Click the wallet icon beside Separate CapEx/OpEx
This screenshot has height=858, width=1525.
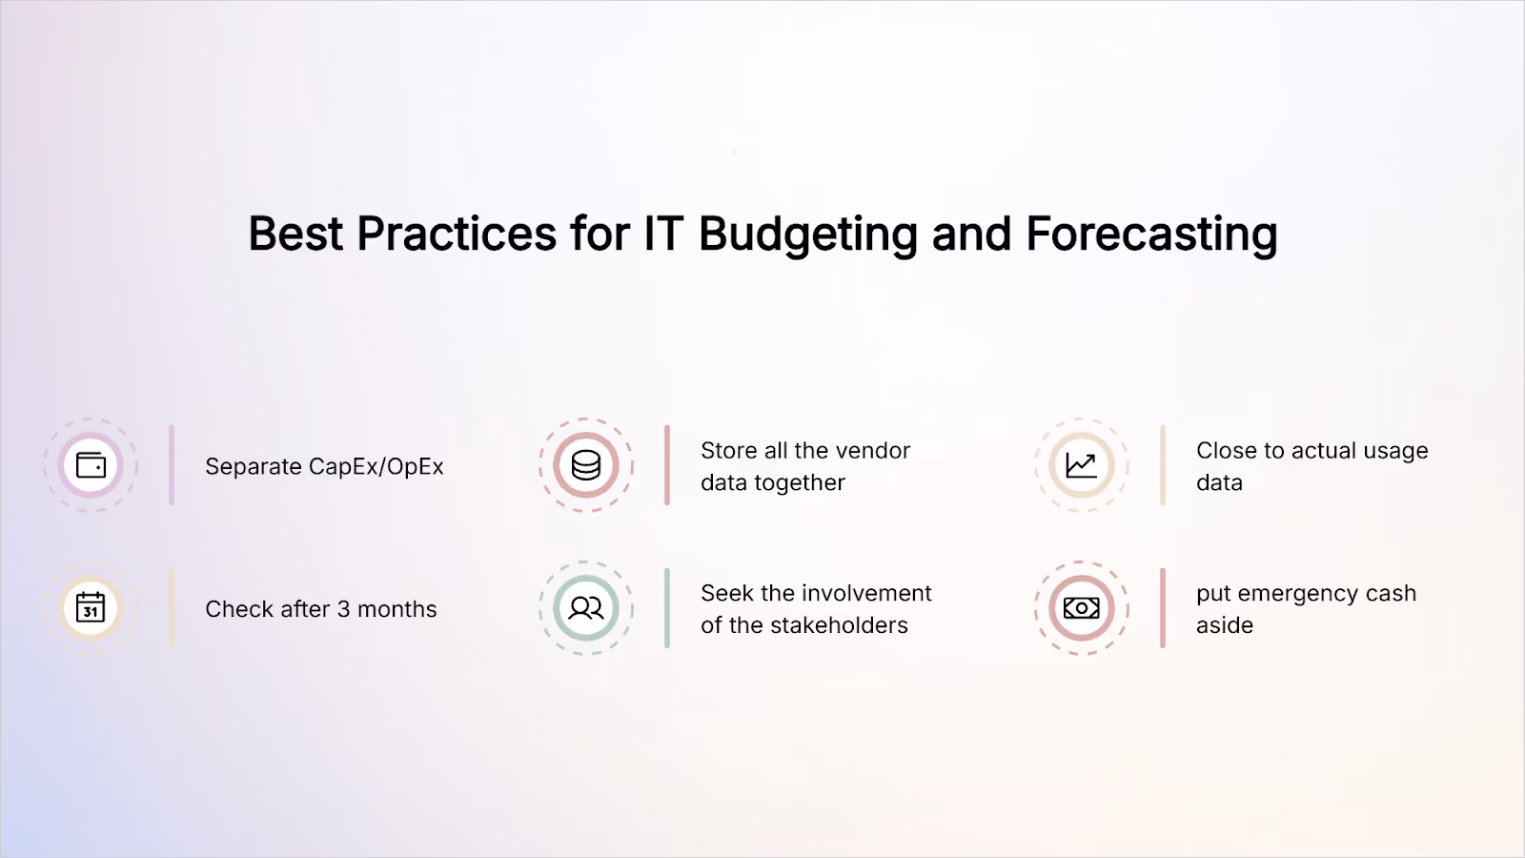coord(91,466)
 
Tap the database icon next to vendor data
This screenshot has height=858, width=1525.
coord(585,466)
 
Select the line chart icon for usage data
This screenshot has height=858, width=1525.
coord(1081,466)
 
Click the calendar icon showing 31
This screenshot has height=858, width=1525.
coord(91,607)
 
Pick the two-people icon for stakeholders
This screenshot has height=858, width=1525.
coord(585,608)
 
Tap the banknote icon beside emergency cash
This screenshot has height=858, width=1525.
coord(1081,608)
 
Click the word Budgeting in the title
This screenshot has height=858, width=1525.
coord(808,235)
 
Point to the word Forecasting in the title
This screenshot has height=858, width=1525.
coord(1151,235)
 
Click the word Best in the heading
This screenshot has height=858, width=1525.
coord(295,234)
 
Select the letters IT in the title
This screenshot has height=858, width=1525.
coord(663,234)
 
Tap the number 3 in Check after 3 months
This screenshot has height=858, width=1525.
coord(344,609)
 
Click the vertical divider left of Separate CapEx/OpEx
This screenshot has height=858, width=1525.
coord(172,466)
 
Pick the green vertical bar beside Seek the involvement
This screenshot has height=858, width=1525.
coord(667,608)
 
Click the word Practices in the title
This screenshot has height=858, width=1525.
coord(457,234)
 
